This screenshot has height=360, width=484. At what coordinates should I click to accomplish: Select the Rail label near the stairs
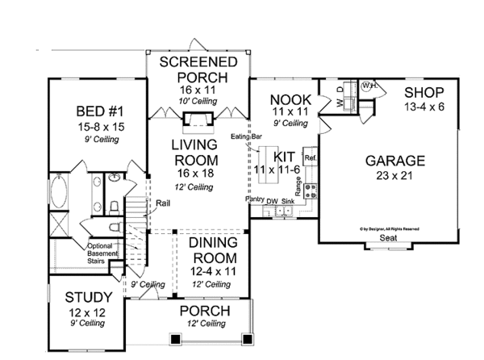tap(162, 203)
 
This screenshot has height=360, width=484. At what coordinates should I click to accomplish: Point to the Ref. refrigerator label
tap(310, 157)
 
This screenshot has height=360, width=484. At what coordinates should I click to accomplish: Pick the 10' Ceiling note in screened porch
tap(197, 100)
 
